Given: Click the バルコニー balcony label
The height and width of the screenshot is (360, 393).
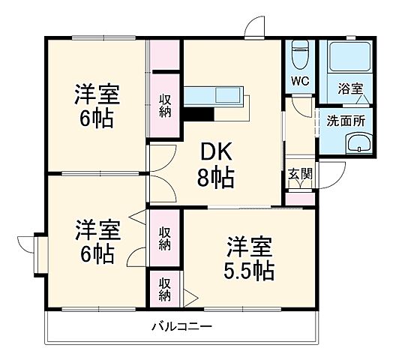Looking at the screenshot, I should [x=182, y=326].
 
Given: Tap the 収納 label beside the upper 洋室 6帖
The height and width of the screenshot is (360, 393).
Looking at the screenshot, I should [x=165, y=103].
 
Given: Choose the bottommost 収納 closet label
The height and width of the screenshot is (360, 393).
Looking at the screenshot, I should [x=164, y=289].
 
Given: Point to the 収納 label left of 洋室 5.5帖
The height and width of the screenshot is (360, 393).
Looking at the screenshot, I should [x=164, y=238].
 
